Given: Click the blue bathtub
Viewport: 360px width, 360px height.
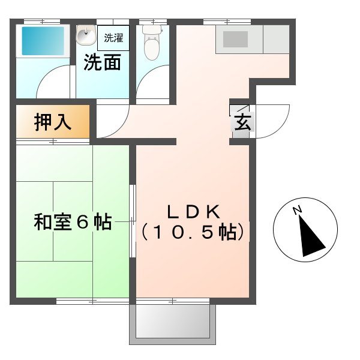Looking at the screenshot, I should point(42,41).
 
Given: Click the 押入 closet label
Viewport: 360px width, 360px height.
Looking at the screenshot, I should point(53,122).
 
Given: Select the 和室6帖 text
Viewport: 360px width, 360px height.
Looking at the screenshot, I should point(72,222).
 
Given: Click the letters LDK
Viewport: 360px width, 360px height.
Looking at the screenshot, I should point(194,212).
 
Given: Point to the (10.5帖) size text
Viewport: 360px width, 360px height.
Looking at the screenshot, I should point(194,232).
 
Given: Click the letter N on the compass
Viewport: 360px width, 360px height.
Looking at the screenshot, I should point(296,210).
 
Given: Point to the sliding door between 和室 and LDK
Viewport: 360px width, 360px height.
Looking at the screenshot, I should point(133,222).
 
